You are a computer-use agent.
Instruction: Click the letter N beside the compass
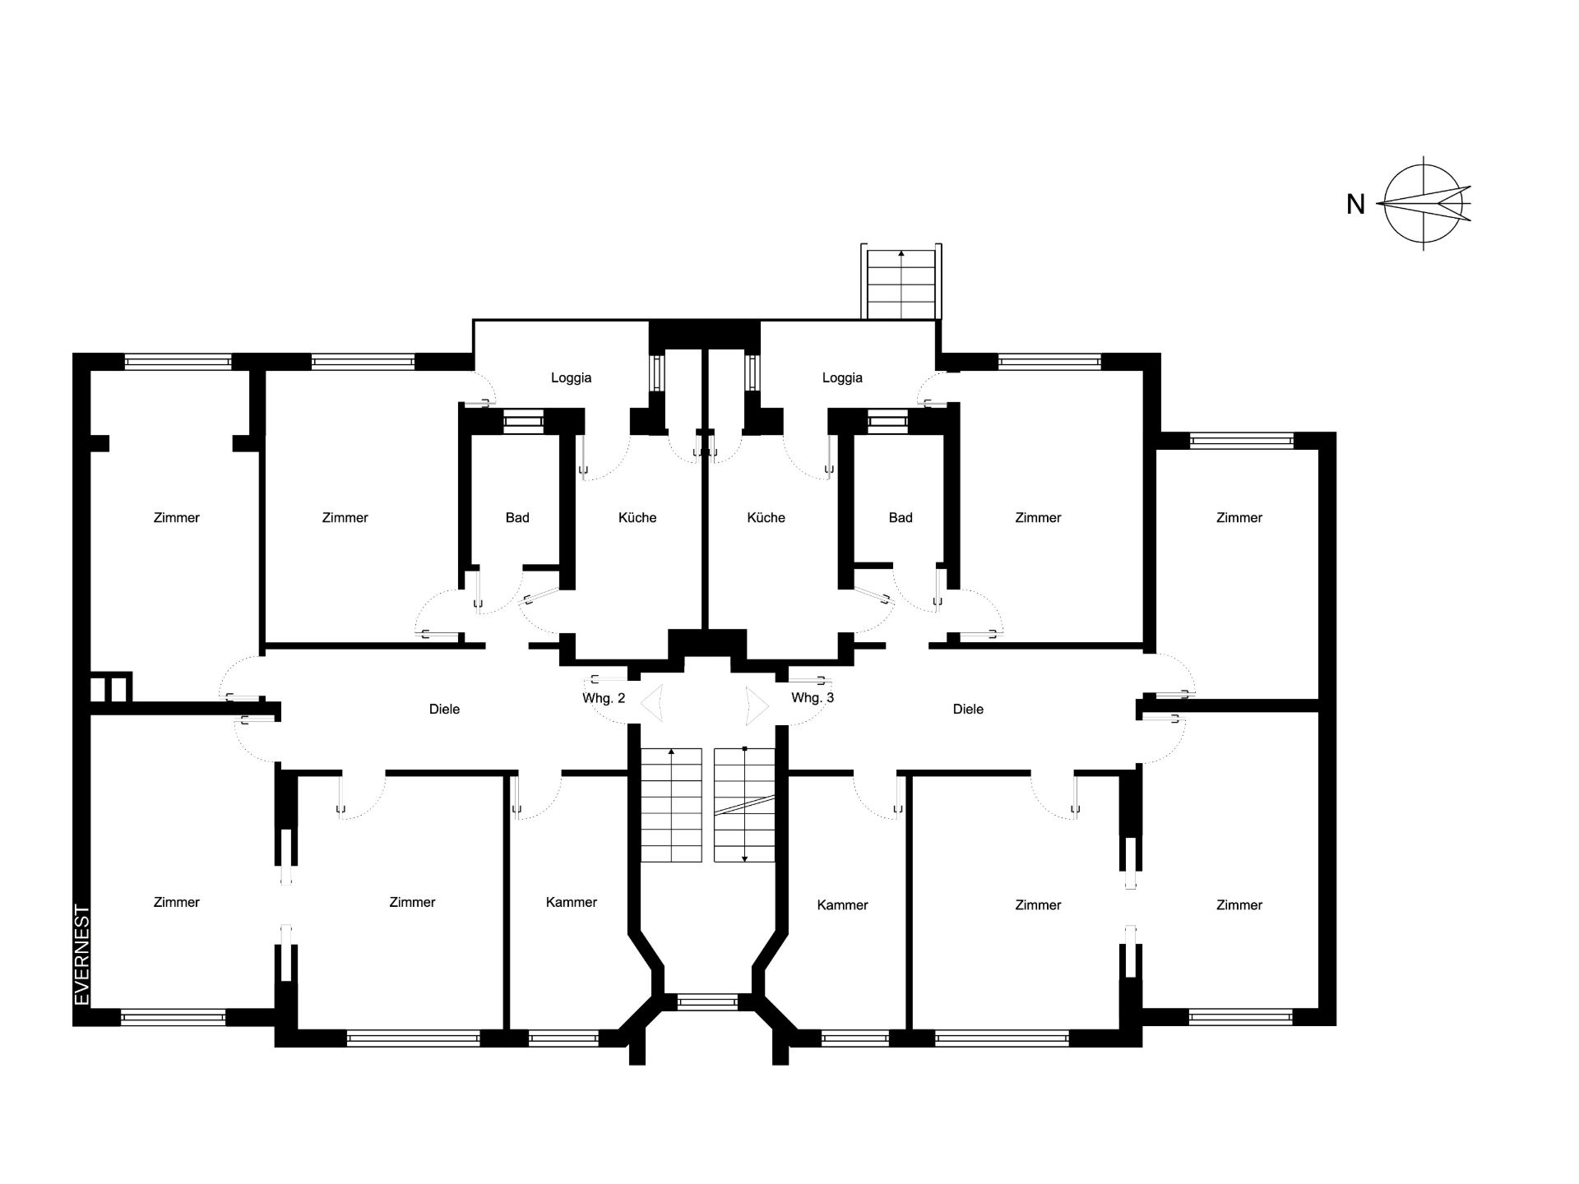click(1355, 204)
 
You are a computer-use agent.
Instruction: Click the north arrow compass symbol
click(1427, 202)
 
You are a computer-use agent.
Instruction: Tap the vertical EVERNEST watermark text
click(81, 955)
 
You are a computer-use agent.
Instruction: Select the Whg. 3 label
click(813, 698)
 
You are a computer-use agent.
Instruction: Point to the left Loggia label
click(571, 378)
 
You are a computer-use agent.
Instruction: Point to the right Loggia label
click(842, 378)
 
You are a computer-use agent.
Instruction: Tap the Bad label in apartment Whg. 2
click(517, 518)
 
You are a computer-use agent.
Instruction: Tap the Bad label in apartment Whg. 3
click(901, 518)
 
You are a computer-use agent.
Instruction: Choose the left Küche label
click(637, 518)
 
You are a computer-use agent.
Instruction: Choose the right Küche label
click(766, 518)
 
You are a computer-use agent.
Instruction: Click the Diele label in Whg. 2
click(444, 709)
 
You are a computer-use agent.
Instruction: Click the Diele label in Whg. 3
click(968, 709)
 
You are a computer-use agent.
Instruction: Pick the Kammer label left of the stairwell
click(572, 902)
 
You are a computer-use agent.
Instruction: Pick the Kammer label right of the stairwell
click(842, 905)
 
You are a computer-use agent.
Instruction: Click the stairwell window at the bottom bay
click(707, 1001)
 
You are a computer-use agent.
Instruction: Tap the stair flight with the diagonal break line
click(744, 805)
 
